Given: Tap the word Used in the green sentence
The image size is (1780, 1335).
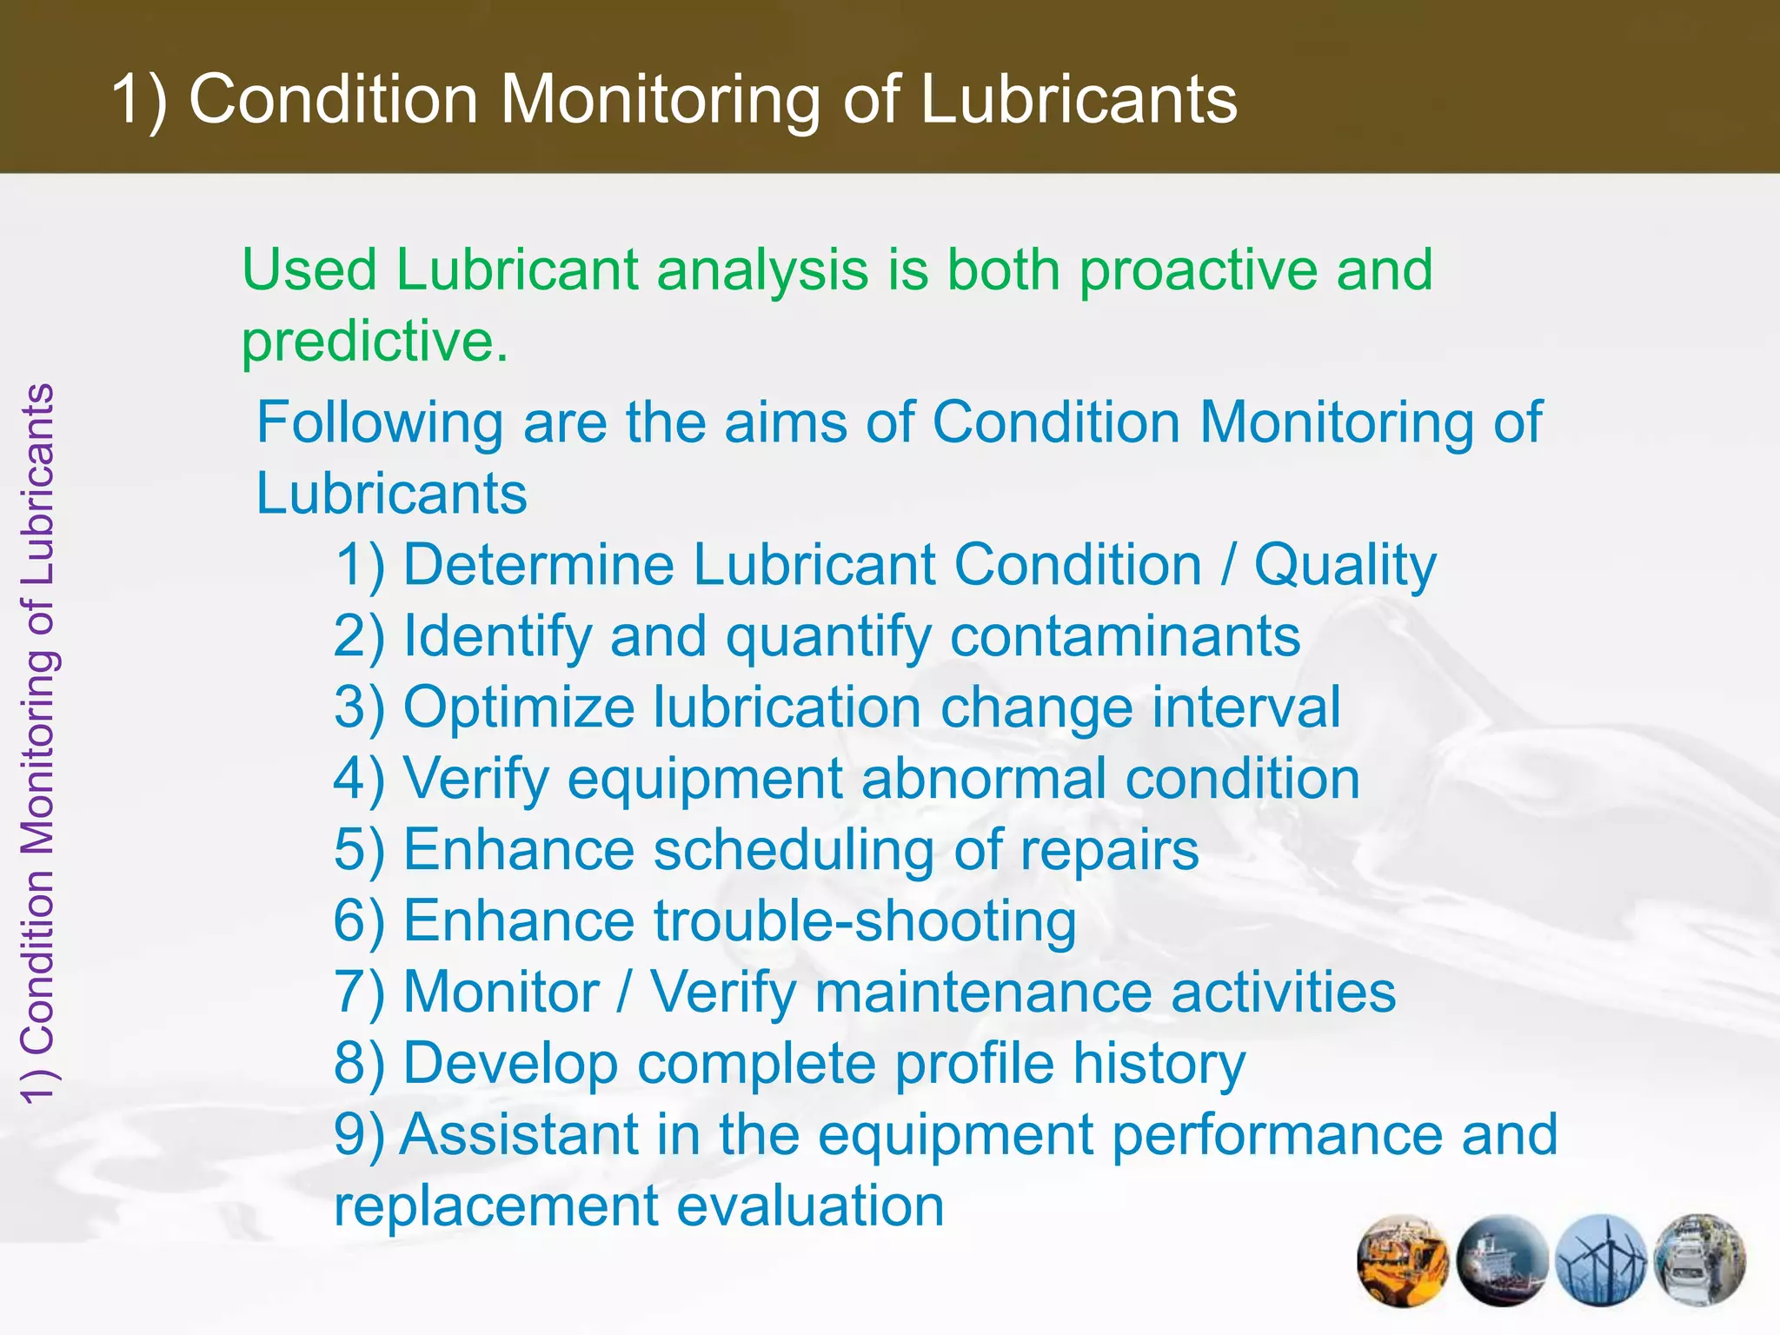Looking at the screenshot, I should [x=309, y=269].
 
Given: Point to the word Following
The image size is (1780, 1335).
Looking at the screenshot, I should [x=380, y=423].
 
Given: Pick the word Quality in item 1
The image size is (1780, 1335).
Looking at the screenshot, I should [x=1345, y=567].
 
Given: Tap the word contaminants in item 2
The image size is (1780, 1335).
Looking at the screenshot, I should [x=1125, y=636].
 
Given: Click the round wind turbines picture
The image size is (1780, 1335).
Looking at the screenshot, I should [x=1602, y=1259].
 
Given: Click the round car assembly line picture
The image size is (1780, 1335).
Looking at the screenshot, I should [x=1700, y=1259].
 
